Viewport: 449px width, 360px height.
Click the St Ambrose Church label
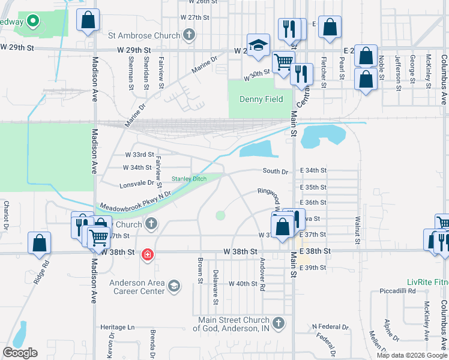[x=143, y=35]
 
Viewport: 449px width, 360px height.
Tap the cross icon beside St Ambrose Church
[x=189, y=34]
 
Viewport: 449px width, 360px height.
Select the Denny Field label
[x=261, y=99]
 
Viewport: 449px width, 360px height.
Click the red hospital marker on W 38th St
[x=146, y=255]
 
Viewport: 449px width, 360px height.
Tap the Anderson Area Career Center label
[x=137, y=287]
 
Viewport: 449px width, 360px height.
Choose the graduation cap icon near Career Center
[x=174, y=284]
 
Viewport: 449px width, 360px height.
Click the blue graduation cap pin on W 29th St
[x=258, y=45]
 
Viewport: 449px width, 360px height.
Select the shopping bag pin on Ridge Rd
[x=39, y=243]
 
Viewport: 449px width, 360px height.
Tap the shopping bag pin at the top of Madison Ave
[x=88, y=20]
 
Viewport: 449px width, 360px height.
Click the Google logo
[x=20, y=353]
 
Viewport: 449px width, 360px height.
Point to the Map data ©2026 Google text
[x=412, y=355]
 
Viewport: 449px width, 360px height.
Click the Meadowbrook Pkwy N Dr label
[x=135, y=199]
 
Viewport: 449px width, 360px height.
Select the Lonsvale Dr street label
[x=137, y=184]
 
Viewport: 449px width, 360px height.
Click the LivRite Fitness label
[x=424, y=281]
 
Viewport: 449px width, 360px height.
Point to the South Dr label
[x=276, y=172]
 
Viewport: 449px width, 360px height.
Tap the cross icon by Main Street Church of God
[x=277, y=323]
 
